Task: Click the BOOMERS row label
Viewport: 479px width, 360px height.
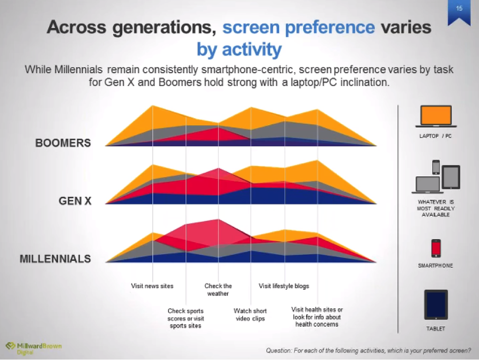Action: (x=63, y=143)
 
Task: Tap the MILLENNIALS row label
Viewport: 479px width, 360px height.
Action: (x=55, y=259)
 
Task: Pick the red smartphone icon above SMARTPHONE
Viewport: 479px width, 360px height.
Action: (x=436, y=249)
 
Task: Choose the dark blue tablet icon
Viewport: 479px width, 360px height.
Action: (x=436, y=305)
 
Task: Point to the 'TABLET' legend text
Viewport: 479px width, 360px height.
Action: (x=436, y=329)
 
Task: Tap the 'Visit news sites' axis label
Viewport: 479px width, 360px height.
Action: (x=152, y=286)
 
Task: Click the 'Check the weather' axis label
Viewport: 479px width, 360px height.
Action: (x=218, y=290)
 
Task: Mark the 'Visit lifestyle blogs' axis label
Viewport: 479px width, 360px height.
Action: (x=284, y=286)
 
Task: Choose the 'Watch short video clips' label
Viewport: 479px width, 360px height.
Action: (x=250, y=315)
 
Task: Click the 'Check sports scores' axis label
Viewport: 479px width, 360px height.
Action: (x=185, y=318)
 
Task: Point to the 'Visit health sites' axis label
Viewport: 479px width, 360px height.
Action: (x=317, y=317)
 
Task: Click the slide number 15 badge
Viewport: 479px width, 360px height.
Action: (x=459, y=10)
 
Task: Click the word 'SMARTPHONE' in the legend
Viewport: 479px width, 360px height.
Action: (x=436, y=266)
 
